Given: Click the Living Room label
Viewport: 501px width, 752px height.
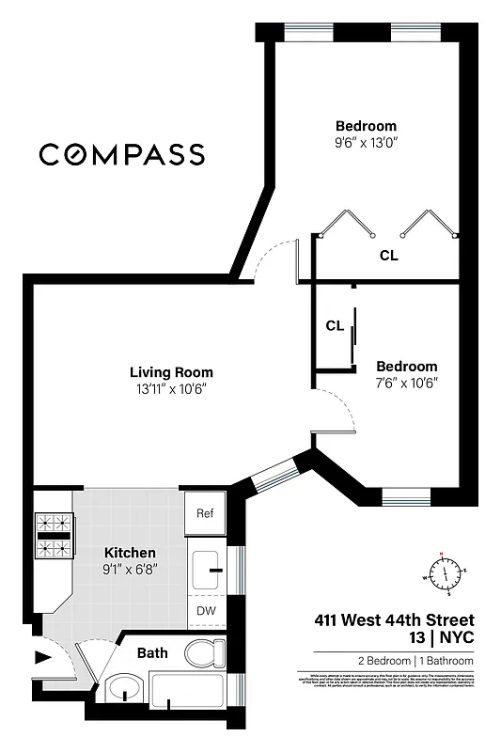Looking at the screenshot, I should pyautogui.click(x=171, y=372).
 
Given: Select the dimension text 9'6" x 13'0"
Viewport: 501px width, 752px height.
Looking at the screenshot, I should pyautogui.click(x=366, y=145).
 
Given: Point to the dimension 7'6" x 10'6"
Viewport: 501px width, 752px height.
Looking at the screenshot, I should pyautogui.click(x=406, y=383).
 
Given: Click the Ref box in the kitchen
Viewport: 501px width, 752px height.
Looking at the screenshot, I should pyautogui.click(x=204, y=513).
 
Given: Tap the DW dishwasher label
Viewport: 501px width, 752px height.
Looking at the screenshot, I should pyautogui.click(x=204, y=611).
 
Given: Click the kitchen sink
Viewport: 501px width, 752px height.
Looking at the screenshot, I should pyautogui.click(x=208, y=568).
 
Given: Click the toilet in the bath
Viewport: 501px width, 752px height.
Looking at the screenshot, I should pyautogui.click(x=204, y=652).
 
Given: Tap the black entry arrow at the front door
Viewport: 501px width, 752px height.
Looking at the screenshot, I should pyautogui.click(x=42, y=657).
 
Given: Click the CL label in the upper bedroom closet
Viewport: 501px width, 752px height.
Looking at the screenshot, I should pyautogui.click(x=388, y=255).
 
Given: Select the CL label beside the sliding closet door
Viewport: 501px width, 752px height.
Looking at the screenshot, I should pyautogui.click(x=334, y=326).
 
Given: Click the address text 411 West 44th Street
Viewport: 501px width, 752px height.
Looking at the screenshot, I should pyautogui.click(x=393, y=620).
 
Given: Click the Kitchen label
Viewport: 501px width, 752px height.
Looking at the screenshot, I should pyautogui.click(x=130, y=553).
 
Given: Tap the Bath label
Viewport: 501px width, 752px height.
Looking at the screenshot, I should pyautogui.click(x=152, y=652).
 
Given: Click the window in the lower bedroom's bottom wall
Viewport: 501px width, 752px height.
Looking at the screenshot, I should pyautogui.click(x=406, y=493).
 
